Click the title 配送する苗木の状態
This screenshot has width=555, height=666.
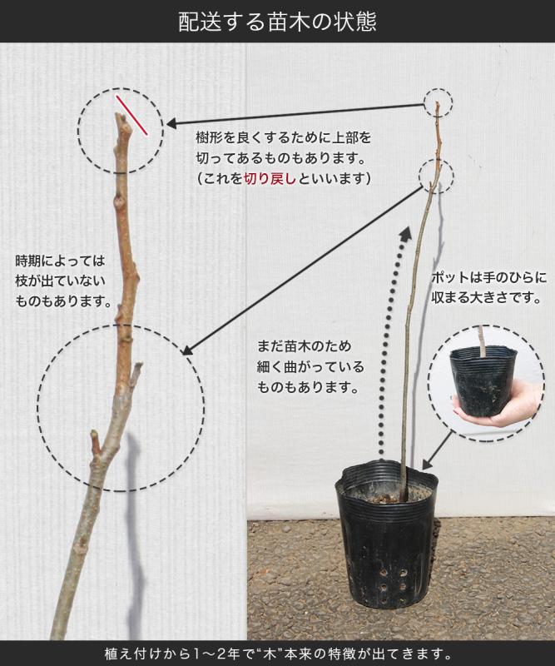point(277,22)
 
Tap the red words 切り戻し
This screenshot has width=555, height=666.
point(270,178)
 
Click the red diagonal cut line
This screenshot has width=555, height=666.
point(132,115)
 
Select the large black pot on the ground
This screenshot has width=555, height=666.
point(386,535)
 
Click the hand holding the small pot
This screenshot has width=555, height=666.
point(501,408)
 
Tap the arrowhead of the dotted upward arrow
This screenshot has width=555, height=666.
point(404,234)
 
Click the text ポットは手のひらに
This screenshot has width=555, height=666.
point(488,278)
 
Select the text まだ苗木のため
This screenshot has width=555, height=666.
point(304,345)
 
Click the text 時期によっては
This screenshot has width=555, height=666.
point(60,261)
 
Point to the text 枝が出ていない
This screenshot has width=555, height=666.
point(60,281)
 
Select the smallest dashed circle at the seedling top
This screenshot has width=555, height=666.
point(439,102)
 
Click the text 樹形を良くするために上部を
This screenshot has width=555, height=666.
point(284,137)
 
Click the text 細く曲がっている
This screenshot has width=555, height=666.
point(310,366)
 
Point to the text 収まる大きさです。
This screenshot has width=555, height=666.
point(487,298)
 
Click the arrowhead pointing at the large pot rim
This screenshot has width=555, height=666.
point(428,464)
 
